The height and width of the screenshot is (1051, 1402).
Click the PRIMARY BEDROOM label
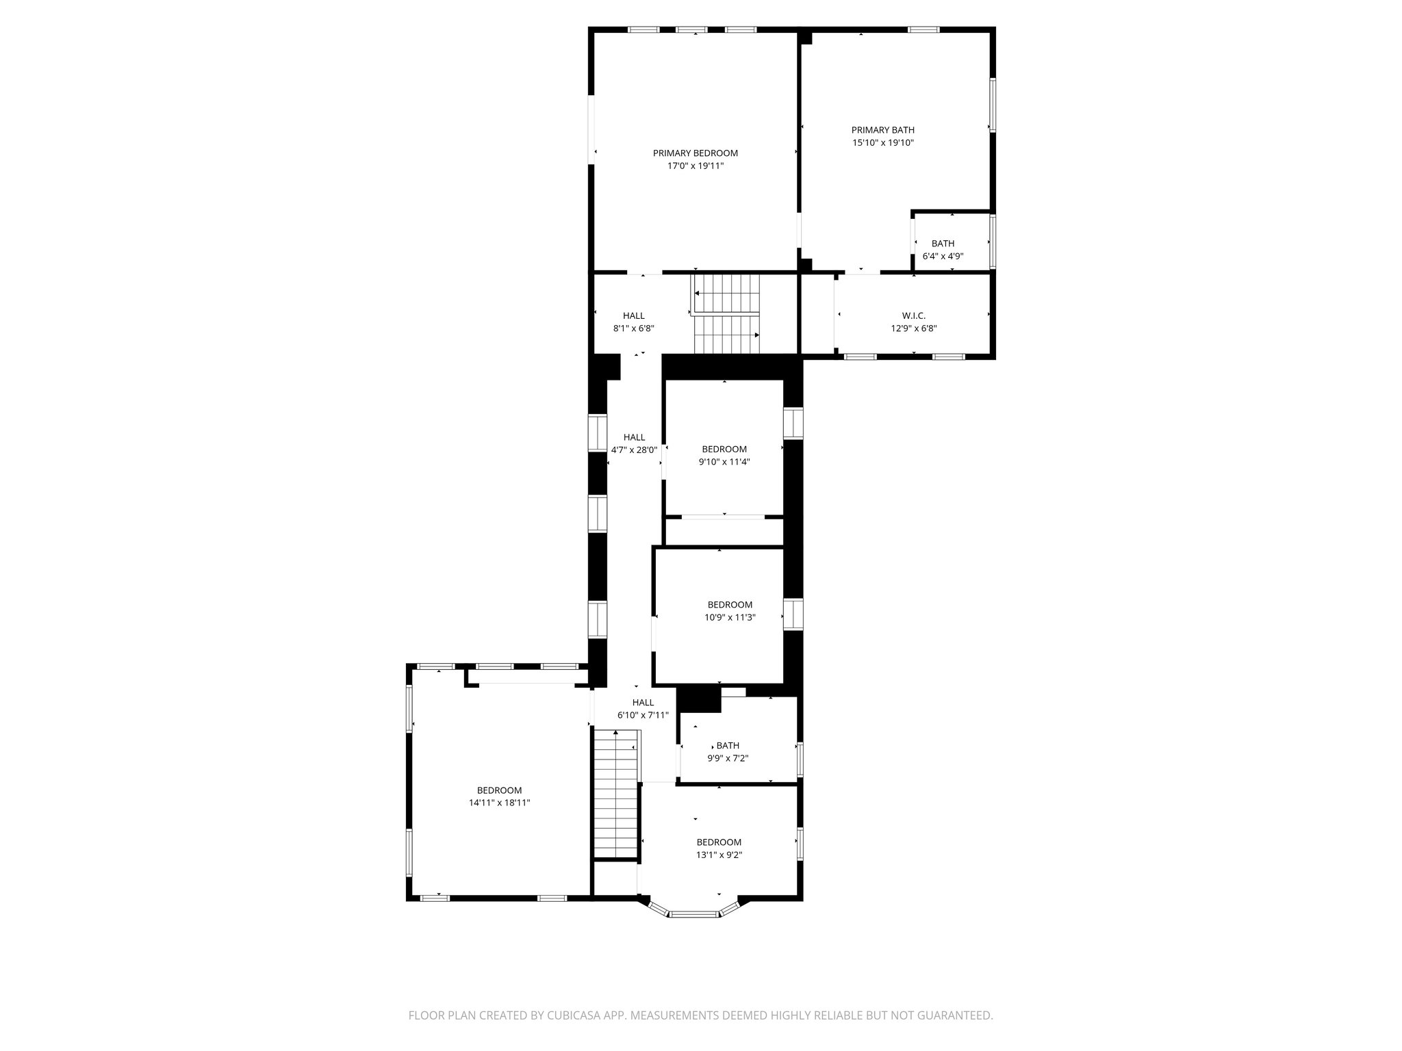coord(695,153)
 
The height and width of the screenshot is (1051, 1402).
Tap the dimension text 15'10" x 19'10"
coord(882,143)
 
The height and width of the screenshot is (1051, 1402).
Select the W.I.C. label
coord(913,315)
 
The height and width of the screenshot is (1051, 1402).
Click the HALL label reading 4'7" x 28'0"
coord(634,437)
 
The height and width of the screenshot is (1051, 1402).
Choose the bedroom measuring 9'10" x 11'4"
coord(724,455)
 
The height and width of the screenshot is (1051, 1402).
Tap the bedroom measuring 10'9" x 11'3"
coord(730,610)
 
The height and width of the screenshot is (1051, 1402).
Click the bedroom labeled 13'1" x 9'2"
coord(719,848)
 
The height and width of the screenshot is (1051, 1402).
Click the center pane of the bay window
coord(693,913)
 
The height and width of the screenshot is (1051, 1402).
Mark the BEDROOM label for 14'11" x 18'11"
coord(499,790)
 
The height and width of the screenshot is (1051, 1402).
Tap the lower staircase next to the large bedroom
coord(616,794)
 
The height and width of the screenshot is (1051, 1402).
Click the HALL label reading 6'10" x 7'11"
coord(643,703)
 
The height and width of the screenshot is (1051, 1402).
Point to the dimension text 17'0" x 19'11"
coord(695,166)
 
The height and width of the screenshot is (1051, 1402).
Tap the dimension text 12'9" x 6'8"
coord(913,328)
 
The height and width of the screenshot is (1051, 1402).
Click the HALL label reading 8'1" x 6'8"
coord(633,315)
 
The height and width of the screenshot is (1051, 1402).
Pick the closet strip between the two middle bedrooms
coord(724,531)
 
